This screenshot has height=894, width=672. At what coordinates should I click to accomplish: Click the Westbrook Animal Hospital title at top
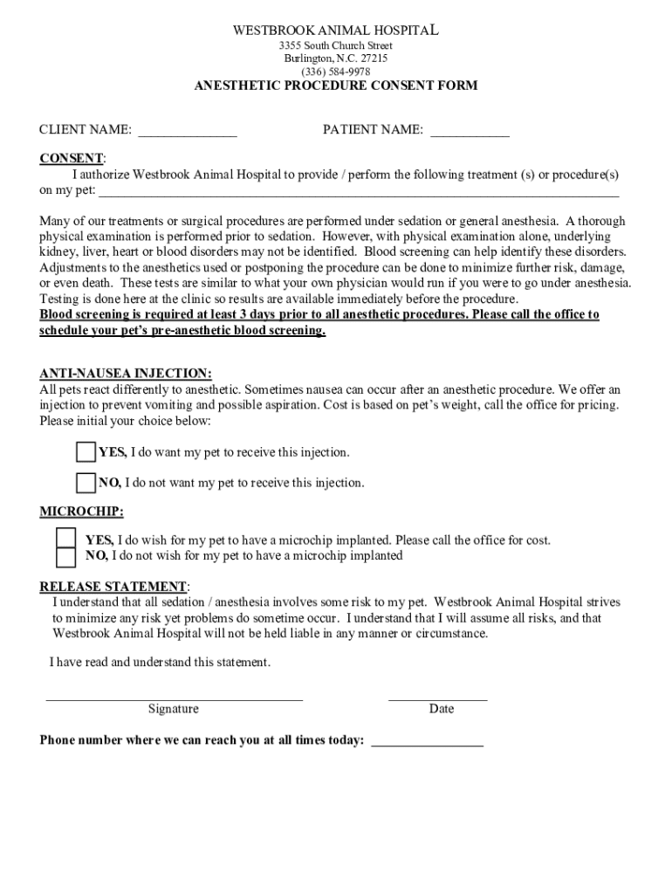335,31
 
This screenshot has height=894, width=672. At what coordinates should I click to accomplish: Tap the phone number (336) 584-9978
335,72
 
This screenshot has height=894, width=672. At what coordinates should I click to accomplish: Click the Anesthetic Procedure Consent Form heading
335,86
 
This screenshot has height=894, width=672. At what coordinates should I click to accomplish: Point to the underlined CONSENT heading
72,158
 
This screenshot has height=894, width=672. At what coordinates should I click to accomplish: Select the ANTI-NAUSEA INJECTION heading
125,374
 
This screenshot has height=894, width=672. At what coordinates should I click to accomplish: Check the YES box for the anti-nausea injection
86,452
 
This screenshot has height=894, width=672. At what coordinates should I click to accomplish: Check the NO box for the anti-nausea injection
86,483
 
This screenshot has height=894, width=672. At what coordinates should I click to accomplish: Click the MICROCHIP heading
81,511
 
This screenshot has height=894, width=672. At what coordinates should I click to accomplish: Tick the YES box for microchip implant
66,537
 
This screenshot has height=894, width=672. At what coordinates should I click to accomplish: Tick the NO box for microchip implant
66,557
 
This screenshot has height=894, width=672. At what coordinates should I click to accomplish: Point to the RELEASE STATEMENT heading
113,586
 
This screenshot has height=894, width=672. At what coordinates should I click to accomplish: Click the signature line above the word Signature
174,698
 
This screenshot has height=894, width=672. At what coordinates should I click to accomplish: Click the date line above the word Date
437,698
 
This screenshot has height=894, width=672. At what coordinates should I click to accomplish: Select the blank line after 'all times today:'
427,743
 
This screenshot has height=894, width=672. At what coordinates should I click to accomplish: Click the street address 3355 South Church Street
335,45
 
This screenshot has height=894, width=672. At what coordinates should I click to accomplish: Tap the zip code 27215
372,58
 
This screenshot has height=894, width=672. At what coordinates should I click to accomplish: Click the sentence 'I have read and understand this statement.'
160,663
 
